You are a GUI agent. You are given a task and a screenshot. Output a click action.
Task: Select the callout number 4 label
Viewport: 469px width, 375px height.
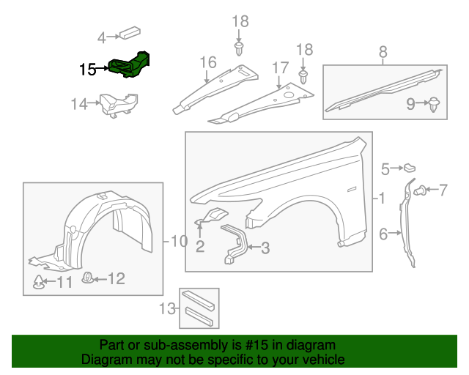(x=102, y=34)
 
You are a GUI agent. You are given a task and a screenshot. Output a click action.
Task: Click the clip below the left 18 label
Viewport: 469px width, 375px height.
(x=240, y=49)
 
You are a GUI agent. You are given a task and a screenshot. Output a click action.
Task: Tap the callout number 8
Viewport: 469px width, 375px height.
(x=383, y=52)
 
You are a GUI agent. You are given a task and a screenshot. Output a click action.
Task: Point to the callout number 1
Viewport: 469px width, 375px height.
(x=380, y=198)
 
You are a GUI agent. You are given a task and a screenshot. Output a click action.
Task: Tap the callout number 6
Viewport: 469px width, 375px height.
(x=383, y=234)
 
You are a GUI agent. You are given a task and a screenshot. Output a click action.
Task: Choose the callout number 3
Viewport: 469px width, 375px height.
(x=265, y=248)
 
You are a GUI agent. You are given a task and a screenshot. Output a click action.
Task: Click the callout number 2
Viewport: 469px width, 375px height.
(x=199, y=246)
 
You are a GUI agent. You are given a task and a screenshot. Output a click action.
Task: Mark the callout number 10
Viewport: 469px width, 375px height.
(x=179, y=240)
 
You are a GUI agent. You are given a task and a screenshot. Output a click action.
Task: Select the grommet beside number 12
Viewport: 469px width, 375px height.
(x=86, y=278)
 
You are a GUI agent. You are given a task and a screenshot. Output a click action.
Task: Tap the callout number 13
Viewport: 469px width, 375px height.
(x=168, y=308)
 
